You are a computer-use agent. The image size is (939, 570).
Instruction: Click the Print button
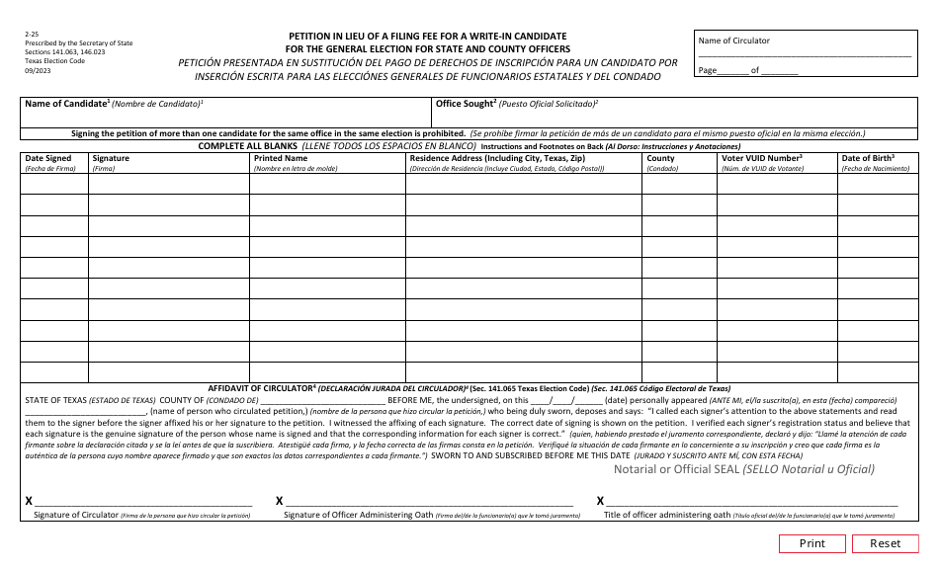click(x=812, y=543)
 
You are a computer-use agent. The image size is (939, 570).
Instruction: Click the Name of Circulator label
click(x=733, y=41)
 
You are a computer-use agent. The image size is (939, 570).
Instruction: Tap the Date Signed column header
click(x=47, y=158)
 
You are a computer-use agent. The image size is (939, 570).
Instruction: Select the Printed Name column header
click(x=281, y=158)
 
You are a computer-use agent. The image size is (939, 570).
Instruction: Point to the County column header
click(x=660, y=158)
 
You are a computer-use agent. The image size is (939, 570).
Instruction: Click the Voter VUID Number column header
click(x=761, y=158)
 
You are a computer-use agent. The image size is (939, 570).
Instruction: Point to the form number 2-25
click(x=33, y=35)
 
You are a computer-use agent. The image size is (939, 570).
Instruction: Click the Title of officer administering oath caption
click(x=667, y=516)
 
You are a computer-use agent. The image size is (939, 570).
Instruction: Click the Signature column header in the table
click(x=111, y=158)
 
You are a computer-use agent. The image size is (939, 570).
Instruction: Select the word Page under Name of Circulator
click(x=707, y=71)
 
